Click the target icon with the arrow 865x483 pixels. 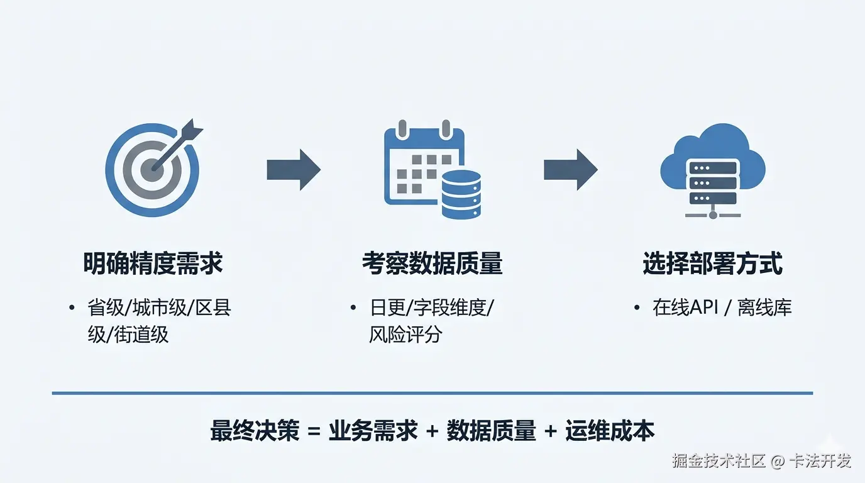tap(153, 169)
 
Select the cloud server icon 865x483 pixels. tap(712, 170)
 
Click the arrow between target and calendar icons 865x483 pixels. tap(294, 169)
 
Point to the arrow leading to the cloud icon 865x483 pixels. tap(570, 169)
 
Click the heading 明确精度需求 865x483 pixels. tap(153, 264)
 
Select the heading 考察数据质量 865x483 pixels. tap(432, 264)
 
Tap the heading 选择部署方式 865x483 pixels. tap(712, 264)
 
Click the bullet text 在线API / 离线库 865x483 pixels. tap(722, 308)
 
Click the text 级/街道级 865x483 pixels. tap(128, 334)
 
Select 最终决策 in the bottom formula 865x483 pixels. tap(255, 431)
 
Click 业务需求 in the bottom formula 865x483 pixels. tap(373, 431)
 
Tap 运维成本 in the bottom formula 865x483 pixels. tap(610, 431)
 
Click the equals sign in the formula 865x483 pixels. tap(314, 431)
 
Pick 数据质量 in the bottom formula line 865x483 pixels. tap(491, 431)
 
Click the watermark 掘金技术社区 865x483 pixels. tap(719, 461)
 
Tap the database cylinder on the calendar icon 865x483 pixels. tap(461, 194)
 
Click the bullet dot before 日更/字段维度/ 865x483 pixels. tap(353, 308)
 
